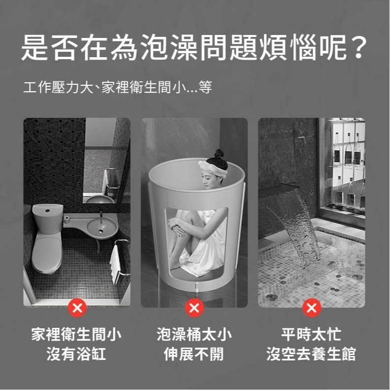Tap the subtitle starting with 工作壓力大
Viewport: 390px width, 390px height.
117,88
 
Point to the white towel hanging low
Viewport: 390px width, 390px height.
115,263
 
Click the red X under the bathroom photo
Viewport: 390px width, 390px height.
77,308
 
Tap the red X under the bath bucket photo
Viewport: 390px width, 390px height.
194,308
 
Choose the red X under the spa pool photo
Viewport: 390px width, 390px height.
311,308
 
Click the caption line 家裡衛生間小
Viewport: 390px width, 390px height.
76,335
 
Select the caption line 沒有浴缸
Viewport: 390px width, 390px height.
76,354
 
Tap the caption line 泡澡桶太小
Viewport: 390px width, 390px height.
194,335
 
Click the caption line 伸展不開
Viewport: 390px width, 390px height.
194,354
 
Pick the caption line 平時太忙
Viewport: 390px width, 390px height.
311,335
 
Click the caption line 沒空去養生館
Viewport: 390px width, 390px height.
311,354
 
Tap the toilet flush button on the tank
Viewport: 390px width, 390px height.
48,210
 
